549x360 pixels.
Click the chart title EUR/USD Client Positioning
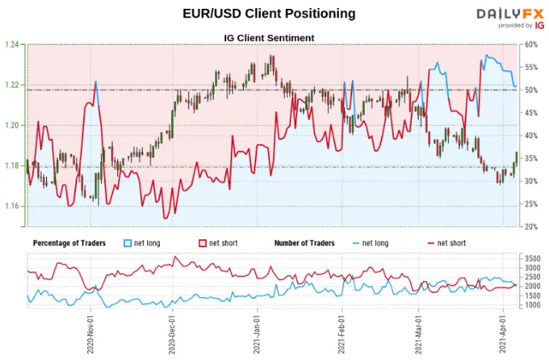[269, 13]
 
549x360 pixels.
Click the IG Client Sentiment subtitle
[269, 38]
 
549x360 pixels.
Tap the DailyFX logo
[510, 19]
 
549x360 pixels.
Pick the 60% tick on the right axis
[530, 44]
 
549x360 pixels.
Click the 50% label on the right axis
[530, 90]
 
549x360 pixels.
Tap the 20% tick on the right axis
[530, 227]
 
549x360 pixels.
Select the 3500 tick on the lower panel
[532, 259]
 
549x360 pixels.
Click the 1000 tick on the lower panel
[532, 305]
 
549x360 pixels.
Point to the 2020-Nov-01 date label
[90, 334]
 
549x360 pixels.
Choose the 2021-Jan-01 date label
[257, 334]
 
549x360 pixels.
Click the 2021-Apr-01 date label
[503, 334]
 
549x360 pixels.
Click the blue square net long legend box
[128, 243]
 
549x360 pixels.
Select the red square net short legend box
[203, 243]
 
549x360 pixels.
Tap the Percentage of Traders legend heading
[69, 243]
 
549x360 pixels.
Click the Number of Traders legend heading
[304, 243]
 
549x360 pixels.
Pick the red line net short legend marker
[431, 243]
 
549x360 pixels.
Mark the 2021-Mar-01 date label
[418, 334]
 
